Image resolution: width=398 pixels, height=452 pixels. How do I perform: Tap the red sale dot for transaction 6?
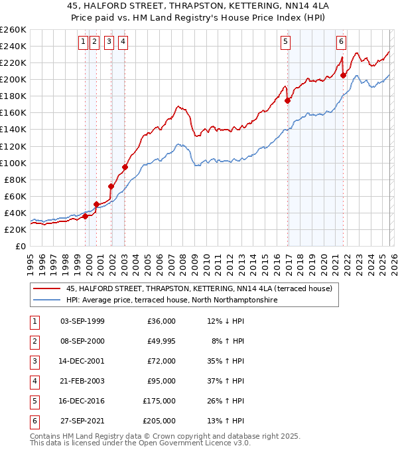[x=344, y=75]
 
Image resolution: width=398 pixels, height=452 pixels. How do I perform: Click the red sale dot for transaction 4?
[x=125, y=167]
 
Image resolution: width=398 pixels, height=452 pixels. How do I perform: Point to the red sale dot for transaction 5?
[x=288, y=100]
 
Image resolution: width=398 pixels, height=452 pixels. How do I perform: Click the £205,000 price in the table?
[x=159, y=421]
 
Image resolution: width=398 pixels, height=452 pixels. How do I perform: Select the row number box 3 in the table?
[x=33, y=361]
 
